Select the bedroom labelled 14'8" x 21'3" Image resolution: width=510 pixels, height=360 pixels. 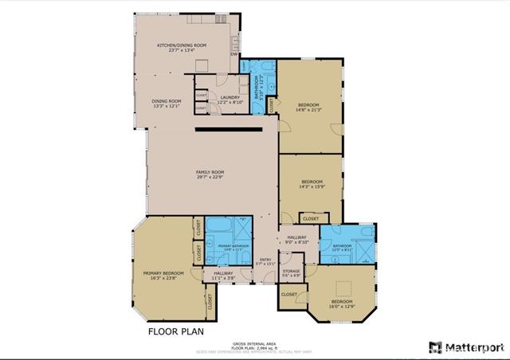309,108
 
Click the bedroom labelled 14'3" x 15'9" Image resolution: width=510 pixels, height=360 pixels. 311,184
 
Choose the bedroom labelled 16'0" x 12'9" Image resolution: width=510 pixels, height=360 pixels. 341,304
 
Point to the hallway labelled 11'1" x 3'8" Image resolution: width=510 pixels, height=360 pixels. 223,276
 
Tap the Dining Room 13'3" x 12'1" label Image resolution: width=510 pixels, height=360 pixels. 167,104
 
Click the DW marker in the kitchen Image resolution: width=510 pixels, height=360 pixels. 233,55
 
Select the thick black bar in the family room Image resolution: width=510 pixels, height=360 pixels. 226,127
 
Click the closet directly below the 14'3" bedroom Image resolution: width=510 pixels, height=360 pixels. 311,217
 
